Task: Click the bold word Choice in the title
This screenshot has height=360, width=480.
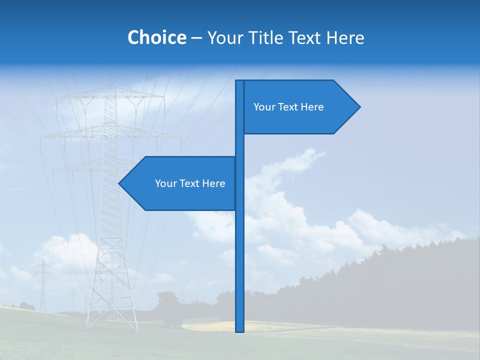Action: [156, 37]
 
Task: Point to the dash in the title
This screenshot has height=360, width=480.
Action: [196, 38]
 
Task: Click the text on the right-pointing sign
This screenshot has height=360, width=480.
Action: [288, 107]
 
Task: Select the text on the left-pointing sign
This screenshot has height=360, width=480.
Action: [190, 183]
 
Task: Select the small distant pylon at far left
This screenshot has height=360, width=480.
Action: [43, 285]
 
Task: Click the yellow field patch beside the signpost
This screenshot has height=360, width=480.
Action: [210, 326]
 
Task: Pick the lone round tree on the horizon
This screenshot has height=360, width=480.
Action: [167, 302]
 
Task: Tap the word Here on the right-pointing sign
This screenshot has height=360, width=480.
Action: [311, 107]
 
